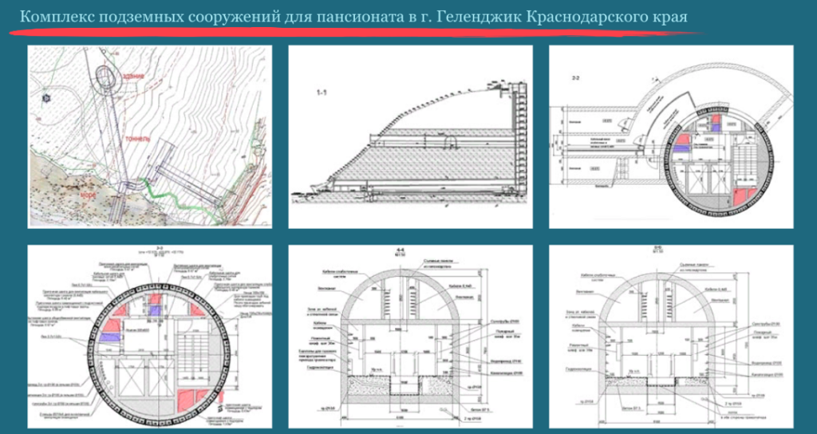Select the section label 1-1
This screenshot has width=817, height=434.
click(322, 94)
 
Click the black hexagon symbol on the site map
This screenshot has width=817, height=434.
click(47, 98)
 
